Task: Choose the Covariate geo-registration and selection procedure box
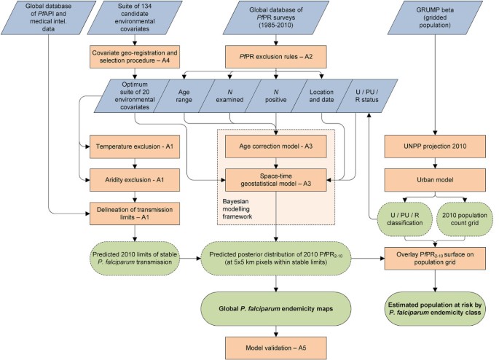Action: click(135, 56)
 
